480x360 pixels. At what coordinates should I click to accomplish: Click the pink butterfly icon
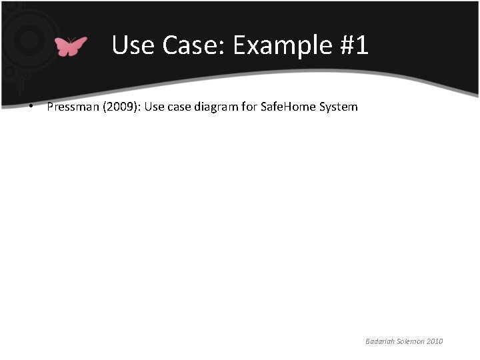(x=71, y=46)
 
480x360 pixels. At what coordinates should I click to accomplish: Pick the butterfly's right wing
(x=79, y=45)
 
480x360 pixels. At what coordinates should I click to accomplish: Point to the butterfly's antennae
(x=71, y=38)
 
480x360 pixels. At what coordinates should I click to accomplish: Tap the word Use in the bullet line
(x=145, y=107)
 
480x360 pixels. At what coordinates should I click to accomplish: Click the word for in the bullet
(x=249, y=107)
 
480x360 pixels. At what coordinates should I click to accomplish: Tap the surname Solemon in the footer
(x=412, y=341)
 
